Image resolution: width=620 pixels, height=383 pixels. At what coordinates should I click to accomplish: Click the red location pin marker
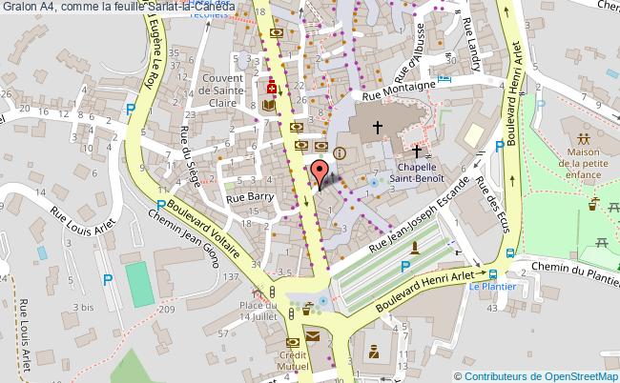click(321, 171)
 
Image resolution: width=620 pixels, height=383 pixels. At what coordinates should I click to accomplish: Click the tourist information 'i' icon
click(340, 152)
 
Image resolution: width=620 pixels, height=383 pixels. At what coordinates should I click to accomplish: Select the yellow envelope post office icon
click(314, 335)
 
